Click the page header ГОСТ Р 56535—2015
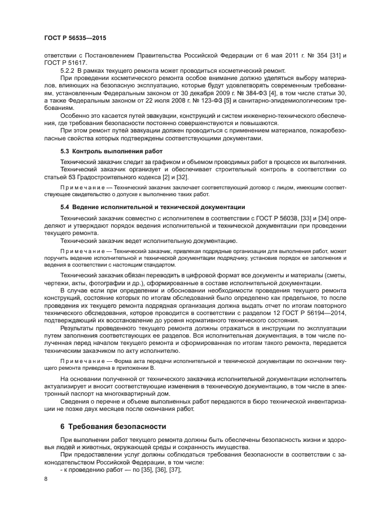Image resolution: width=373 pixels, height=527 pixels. (x=75, y=38)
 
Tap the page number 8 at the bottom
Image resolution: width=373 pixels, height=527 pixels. (x=46, y=478)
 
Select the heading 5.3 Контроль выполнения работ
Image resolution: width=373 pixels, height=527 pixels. (x=111, y=152)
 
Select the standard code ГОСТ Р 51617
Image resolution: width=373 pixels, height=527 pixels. (x=59, y=63)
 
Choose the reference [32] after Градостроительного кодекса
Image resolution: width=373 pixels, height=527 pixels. (x=174, y=177)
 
